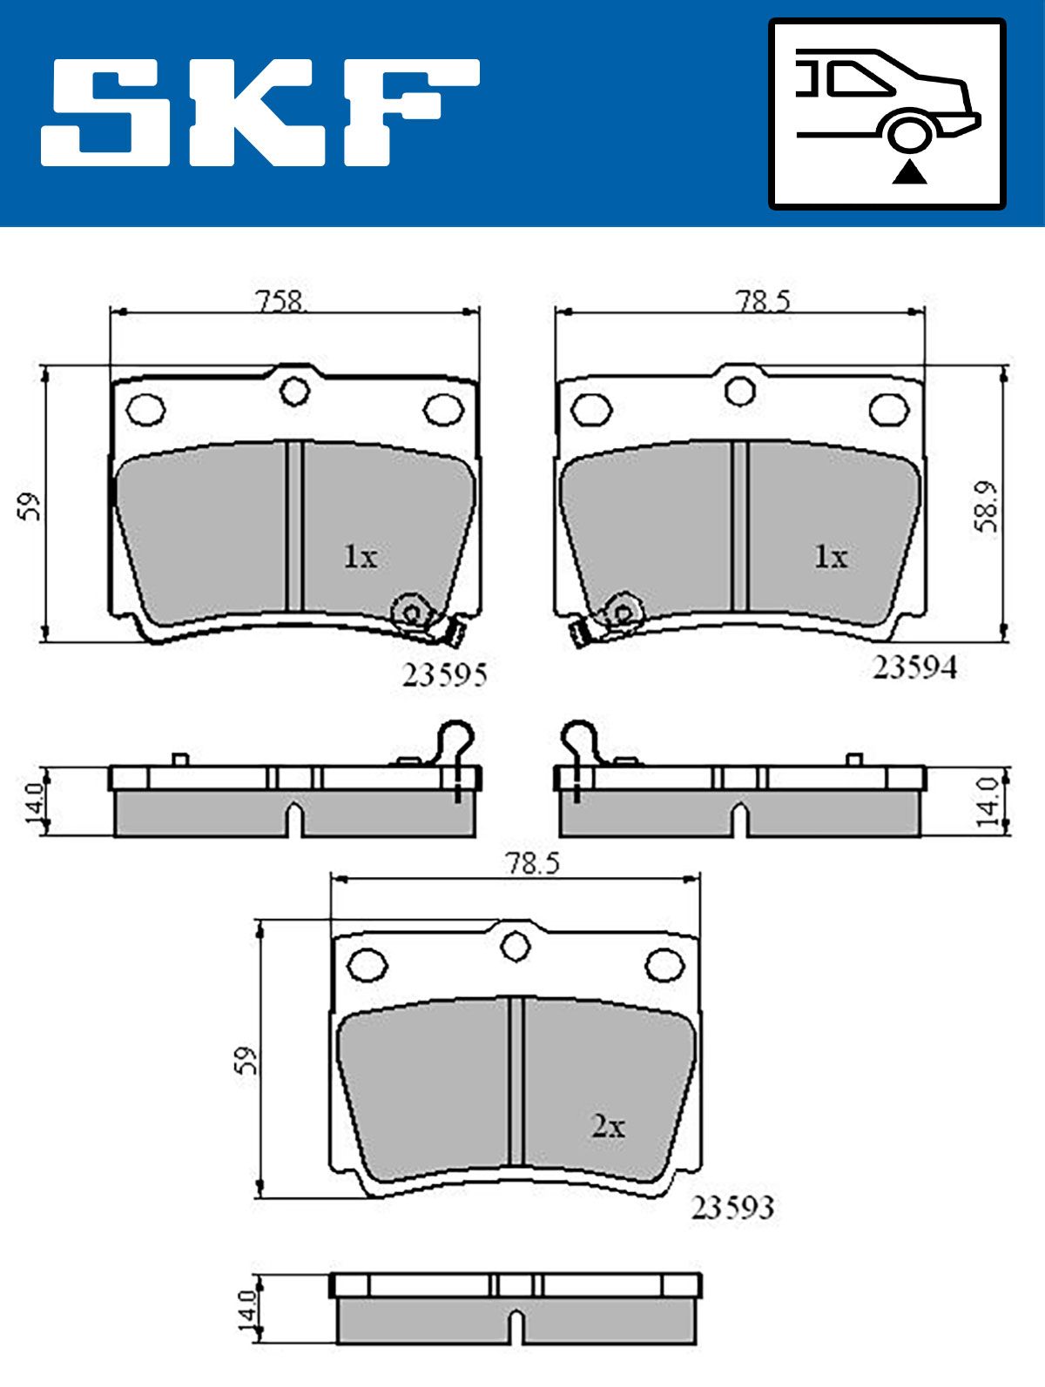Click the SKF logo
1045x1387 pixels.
pos(260,112)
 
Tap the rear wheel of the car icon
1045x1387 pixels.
pos(910,135)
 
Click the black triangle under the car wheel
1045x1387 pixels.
pos(909,172)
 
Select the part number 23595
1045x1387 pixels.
pos(444,675)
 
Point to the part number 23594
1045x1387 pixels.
pos(914,667)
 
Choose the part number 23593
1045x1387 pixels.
pos(732,1208)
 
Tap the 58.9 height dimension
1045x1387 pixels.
pos(987,506)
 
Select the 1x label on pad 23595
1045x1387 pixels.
pos(361,557)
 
